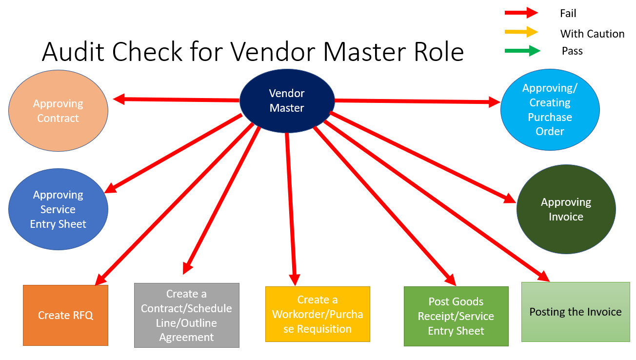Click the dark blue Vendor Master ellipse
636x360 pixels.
pos(287,100)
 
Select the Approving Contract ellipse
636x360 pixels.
pos(58,111)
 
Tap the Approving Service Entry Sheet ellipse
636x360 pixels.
pos(58,209)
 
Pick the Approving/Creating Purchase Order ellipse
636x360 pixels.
pos(550,110)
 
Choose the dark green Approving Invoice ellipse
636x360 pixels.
pos(566,209)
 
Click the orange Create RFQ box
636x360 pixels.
pos(65,315)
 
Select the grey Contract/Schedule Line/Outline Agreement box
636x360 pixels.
pos(186,315)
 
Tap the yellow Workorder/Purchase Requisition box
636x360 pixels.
pos(318,314)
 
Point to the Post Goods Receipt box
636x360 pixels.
pos(456,316)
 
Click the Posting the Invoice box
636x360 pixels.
pos(576,312)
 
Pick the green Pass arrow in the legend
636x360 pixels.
pos(522,50)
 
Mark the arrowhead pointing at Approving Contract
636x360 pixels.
pos(119,100)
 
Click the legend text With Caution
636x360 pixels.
pos(592,34)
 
